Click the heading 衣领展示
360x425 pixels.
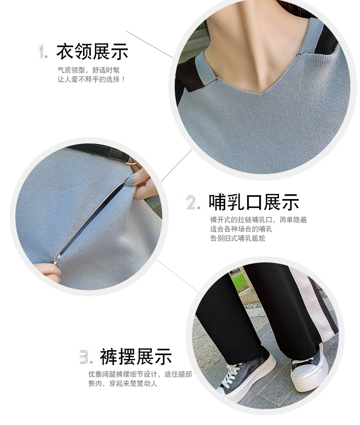click(92, 51)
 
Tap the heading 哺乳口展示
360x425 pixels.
click(253, 202)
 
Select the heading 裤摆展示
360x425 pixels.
click(136, 356)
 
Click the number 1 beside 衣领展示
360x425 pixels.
click(43, 51)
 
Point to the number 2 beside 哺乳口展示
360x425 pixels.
click(193, 202)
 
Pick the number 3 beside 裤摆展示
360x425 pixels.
click(86, 357)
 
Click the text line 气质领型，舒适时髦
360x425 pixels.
click(88, 70)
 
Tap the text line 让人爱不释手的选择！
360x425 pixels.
click(91, 80)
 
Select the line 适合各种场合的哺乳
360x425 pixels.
click(241, 229)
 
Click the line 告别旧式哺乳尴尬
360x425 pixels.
click(238, 238)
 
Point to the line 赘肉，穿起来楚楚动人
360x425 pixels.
click(122, 384)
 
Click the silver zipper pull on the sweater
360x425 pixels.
click(56, 260)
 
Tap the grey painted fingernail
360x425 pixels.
click(130, 181)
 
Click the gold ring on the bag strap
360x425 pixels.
click(132, 164)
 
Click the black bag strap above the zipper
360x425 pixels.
click(100, 152)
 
